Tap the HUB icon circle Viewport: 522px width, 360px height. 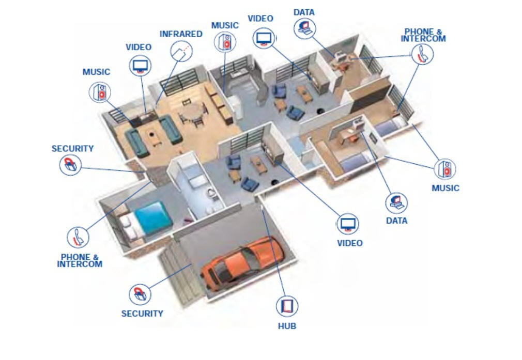[286, 306]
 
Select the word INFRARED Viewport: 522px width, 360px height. [180, 34]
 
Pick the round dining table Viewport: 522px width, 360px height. [192, 111]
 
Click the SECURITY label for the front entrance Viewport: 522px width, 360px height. [72, 149]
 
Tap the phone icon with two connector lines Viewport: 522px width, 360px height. [422, 54]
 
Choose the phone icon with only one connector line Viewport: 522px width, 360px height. [78, 237]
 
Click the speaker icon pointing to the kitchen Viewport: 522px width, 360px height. [225, 41]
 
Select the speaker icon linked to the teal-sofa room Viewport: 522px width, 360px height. [100, 92]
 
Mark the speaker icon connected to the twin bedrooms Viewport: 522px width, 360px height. [445, 169]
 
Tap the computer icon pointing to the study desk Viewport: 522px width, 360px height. [304, 28]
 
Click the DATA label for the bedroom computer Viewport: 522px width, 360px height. [396, 221]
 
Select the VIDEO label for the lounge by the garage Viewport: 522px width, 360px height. [350, 243]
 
